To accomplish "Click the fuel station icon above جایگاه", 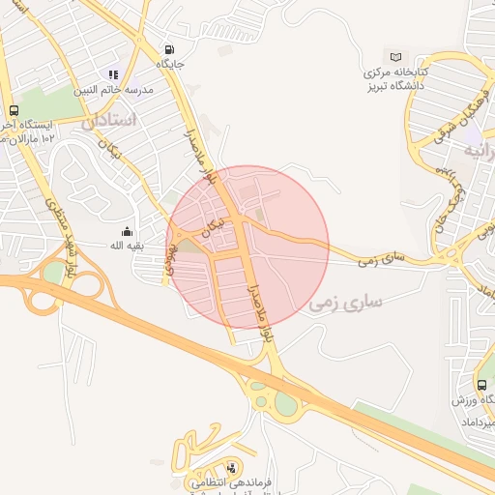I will point(171,50).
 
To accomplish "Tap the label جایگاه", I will point(171,66).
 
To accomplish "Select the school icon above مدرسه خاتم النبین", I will point(114,73).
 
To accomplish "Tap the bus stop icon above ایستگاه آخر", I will point(14,110).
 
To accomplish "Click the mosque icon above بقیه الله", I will point(127,231).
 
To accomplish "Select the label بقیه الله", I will point(127,246).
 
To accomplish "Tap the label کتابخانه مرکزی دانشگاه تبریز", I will point(395,79).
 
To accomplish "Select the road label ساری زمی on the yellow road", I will point(380,258).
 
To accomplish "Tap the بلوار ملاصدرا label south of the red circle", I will point(256,306).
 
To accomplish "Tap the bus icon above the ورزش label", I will point(481,383).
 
